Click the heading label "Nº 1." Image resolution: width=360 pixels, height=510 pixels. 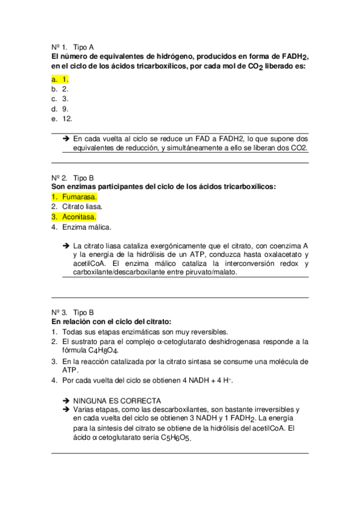[58, 46]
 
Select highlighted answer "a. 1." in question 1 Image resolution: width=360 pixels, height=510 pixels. [60, 78]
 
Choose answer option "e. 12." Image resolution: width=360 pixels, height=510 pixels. [62, 119]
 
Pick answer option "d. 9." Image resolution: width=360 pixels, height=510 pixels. [60, 109]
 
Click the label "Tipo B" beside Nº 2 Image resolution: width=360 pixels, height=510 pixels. [83, 177]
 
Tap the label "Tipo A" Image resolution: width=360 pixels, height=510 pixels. [83, 46]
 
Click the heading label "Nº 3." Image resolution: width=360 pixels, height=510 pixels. [58, 313]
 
